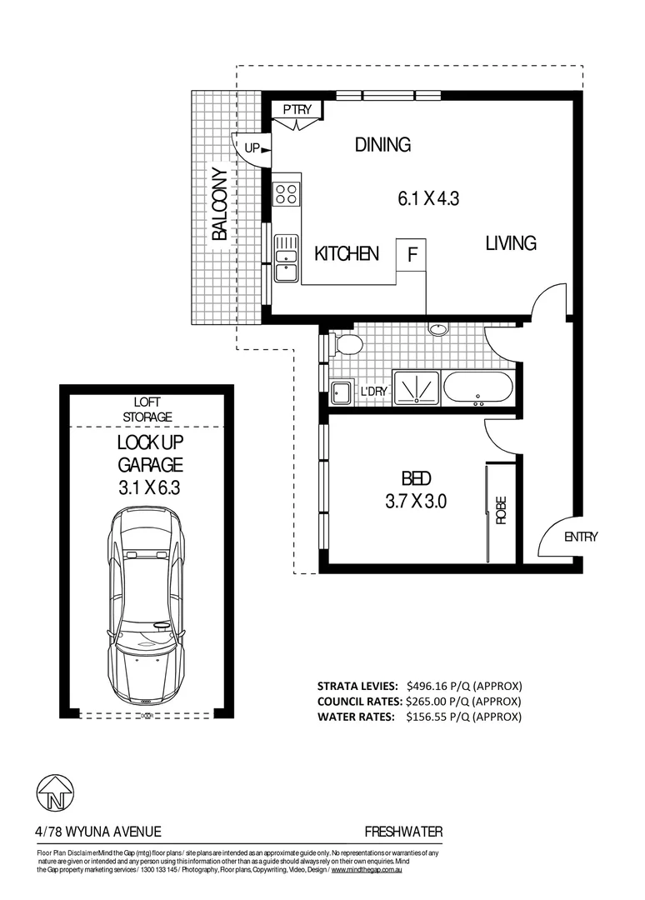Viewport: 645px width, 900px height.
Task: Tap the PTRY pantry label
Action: pos(297,110)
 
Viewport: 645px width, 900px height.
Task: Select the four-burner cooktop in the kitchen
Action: pos(287,193)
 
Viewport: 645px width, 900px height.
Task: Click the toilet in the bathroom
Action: pos(346,344)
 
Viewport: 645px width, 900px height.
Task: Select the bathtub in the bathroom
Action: pos(477,388)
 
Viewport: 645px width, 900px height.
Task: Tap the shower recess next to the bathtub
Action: pos(415,388)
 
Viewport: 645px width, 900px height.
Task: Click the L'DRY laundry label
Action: pos(372,391)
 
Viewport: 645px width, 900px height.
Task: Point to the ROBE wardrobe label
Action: pos(501,510)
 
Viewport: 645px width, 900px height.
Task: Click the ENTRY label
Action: pos(581,537)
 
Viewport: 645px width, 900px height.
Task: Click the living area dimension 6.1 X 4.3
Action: pos(428,199)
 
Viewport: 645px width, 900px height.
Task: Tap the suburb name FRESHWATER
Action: pos(403,831)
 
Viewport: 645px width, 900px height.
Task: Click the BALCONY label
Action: pos(218,205)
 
